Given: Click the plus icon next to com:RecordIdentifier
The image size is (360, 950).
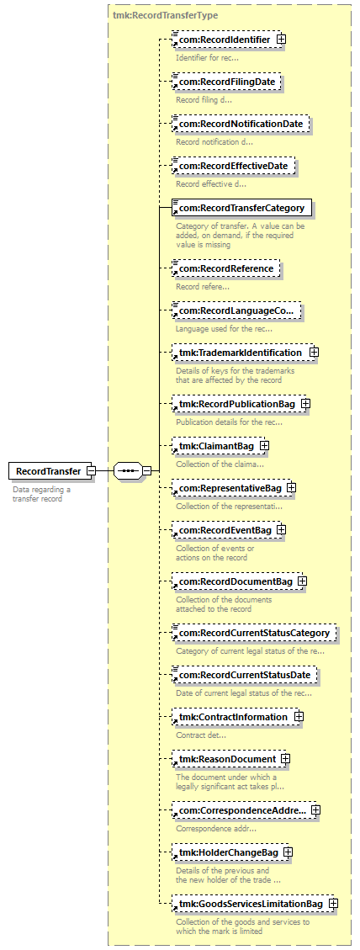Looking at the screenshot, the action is [x=281, y=39].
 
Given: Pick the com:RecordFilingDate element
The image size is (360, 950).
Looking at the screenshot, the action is [x=227, y=82].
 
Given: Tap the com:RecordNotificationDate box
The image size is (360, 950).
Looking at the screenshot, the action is [x=240, y=124].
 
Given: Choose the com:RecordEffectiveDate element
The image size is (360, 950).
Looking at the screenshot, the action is [x=233, y=166].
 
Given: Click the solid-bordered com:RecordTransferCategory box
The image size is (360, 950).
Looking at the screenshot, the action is [x=241, y=208].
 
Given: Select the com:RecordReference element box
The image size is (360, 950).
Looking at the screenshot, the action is [x=226, y=268].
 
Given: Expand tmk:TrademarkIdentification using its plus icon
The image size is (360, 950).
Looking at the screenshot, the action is [x=314, y=352].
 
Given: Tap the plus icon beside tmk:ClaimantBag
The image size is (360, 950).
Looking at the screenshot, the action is [x=264, y=446].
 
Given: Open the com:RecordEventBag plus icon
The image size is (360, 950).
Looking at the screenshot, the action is [x=281, y=529].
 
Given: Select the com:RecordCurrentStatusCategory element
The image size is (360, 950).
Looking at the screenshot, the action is [x=253, y=634].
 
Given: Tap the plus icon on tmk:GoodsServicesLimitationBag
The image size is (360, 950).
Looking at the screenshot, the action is [x=333, y=904].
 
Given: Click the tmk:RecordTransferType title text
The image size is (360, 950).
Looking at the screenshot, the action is [x=166, y=14].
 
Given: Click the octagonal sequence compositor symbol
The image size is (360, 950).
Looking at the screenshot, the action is [x=128, y=470].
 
